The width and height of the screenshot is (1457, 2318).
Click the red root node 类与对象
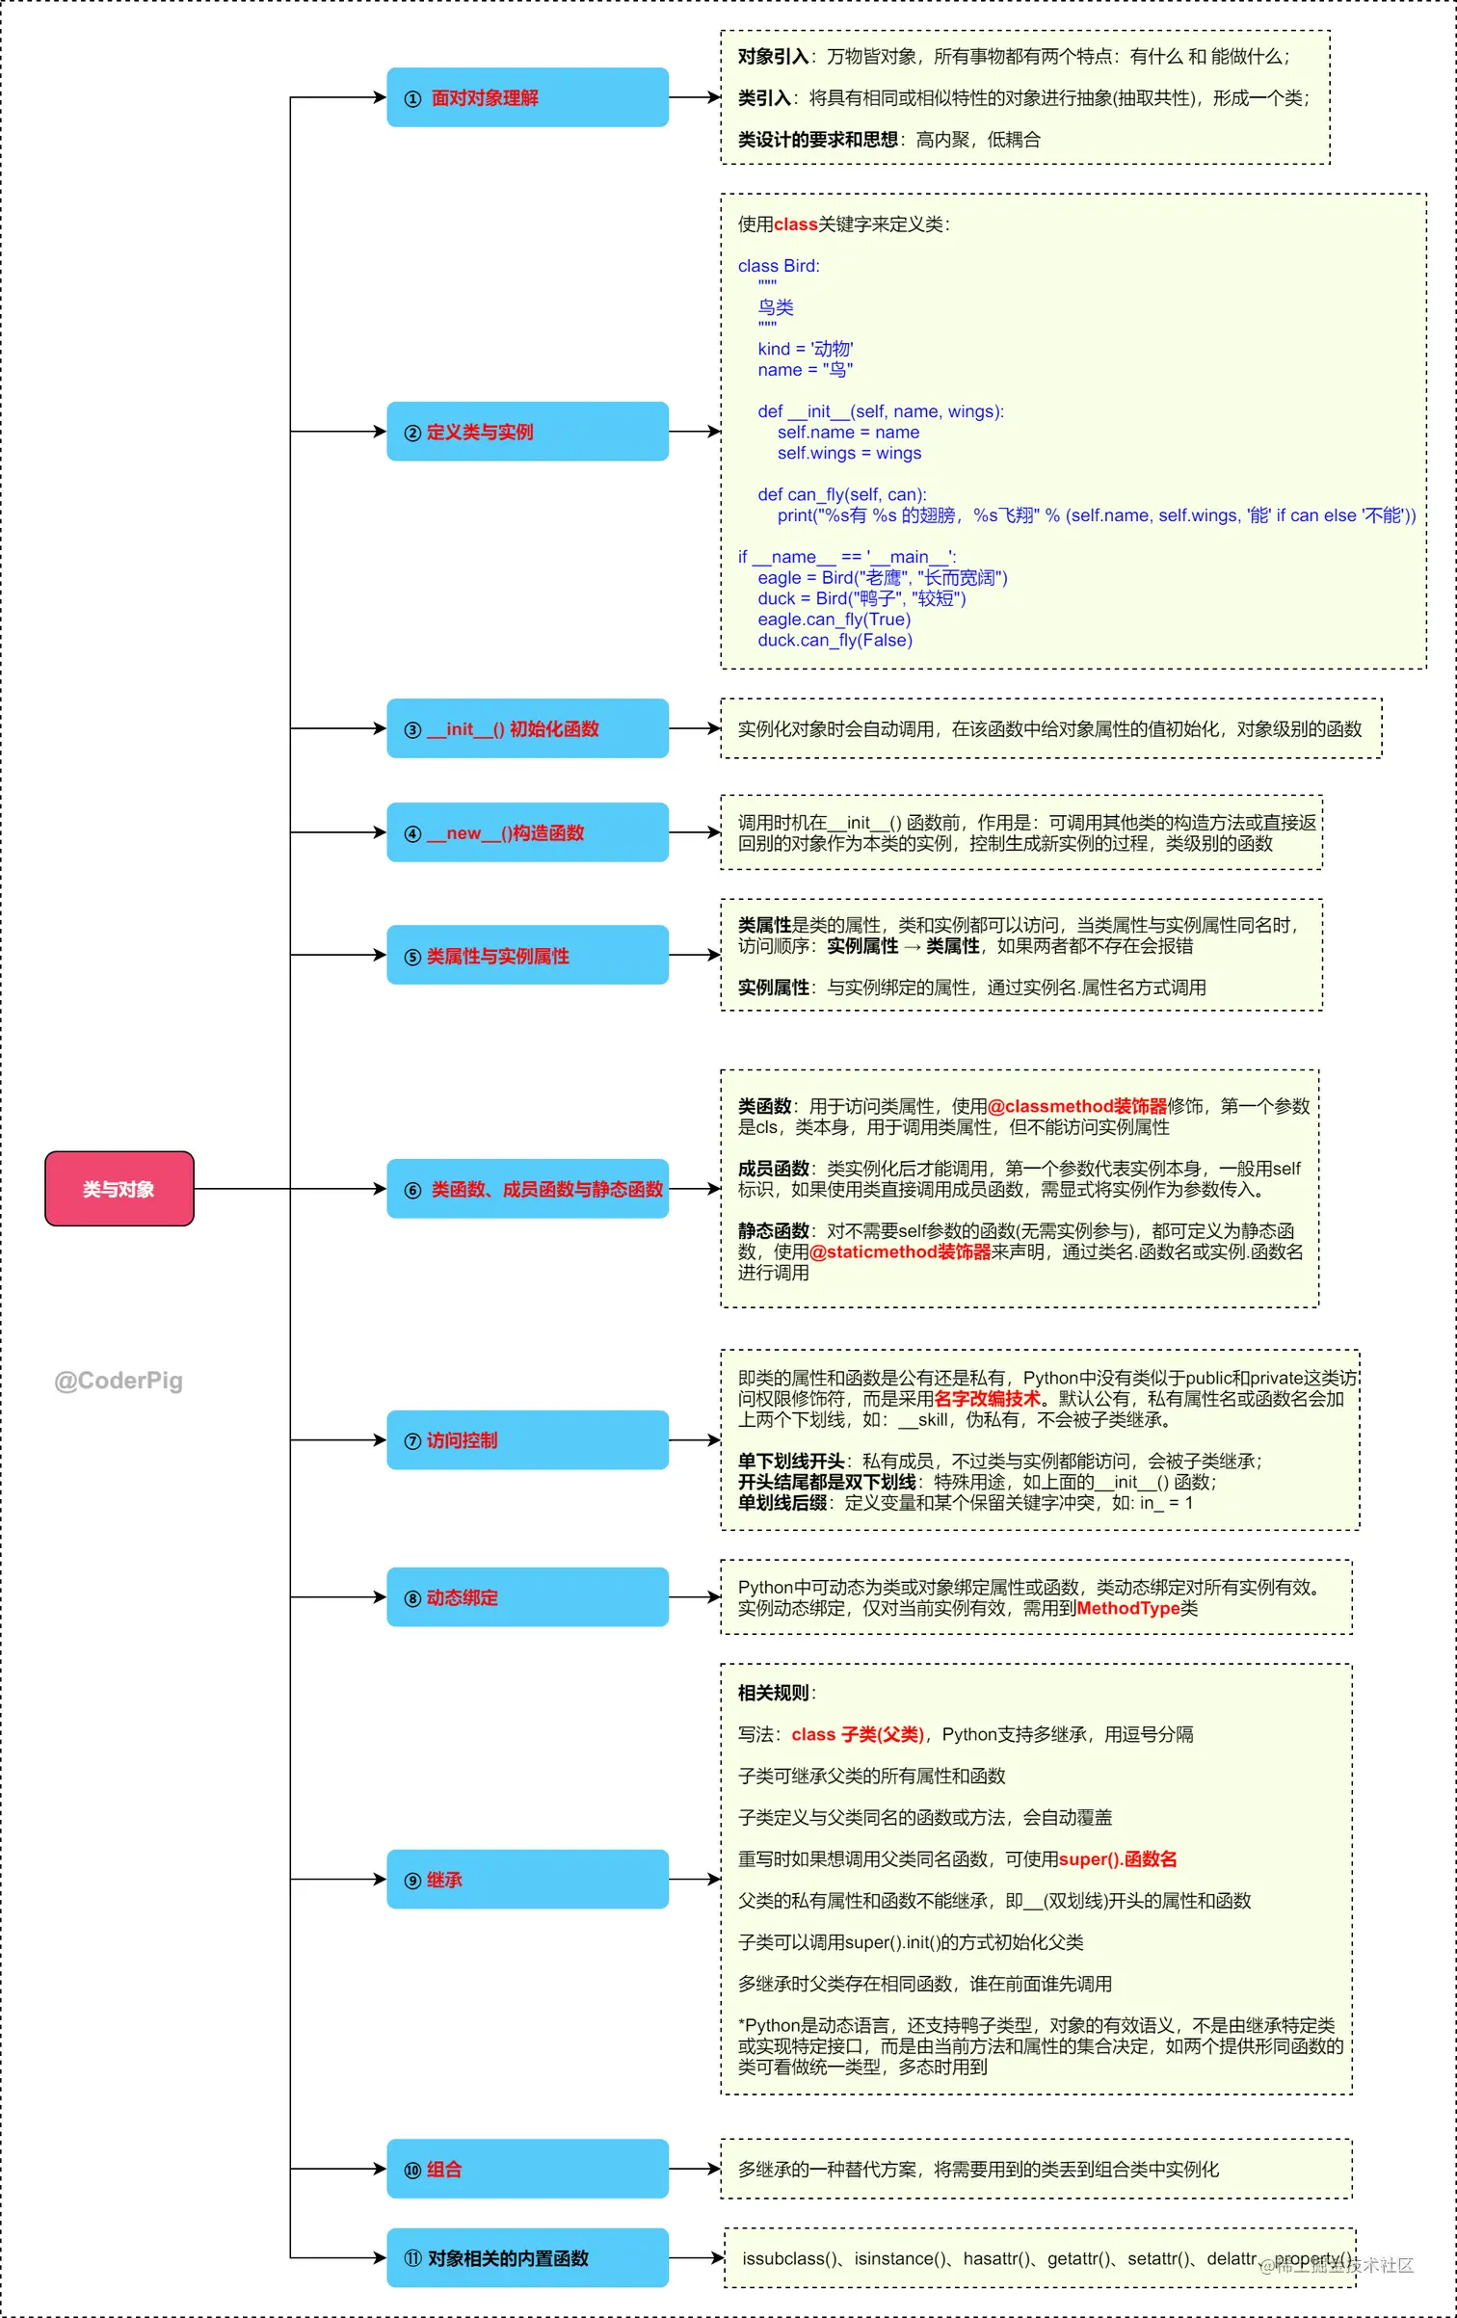pyautogui.click(x=119, y=1188)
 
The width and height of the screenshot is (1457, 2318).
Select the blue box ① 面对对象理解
pyautogui.click(x=527, y=97)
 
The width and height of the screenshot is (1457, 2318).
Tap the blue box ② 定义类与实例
pyautogui.click(x=527, y=432)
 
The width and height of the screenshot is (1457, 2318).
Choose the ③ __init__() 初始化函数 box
pyautogui.click(x=527, y=728)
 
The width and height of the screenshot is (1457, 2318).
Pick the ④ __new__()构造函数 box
pyautogui.click(x=527, y=832)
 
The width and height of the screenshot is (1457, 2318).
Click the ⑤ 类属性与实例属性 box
pyautogui.click(x=527, y=955)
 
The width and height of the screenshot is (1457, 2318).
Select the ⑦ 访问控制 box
pyautogui.click(x=527, y=1439)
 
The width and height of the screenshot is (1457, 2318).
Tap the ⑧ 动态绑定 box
pyautogui.click(x=527, y=1596)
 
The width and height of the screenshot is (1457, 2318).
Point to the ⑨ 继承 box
pyautogui.click(x=527, y=1879)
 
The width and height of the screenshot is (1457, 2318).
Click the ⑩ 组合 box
pyautogui.click(x=527, y=2169)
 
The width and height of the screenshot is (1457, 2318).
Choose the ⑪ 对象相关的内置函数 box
pyautogui.click(x=527, y=2257)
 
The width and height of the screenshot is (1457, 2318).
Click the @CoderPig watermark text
pyautogui.click(x=119, y=1381)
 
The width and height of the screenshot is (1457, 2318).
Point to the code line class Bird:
pyautogui.click(x=779, y=266)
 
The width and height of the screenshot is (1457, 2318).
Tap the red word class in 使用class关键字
pyautogui.click(x=795, y=224)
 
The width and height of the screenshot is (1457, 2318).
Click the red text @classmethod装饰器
pyautogui.click(x=1077, y=1106)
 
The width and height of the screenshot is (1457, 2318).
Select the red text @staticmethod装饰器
pyautogui.click(x=900, y=1251)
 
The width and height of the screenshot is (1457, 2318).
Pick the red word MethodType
pyautogui.click(x=1127, y=1608)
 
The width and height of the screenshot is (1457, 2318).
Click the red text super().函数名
pyautogui.click(x=1117, y=1858)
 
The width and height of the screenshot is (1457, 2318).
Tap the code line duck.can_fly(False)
pyautogui.click(x=834, y=640)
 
